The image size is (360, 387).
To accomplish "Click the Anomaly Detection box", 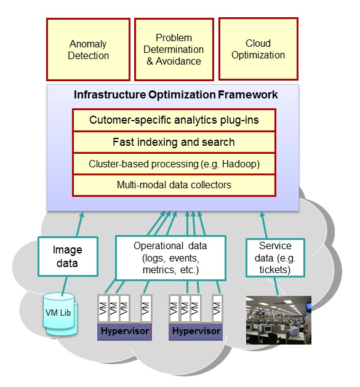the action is coord(88,49).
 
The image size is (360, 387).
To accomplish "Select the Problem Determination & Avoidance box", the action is coord(174,49).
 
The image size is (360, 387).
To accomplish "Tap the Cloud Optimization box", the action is coord(258,49).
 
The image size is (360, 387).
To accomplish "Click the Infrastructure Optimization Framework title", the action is coord(176,95).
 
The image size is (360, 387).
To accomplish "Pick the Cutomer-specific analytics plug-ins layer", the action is coord(174,120).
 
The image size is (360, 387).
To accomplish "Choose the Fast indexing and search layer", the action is coord(174,142).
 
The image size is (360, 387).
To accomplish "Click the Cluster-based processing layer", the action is coord(174,164).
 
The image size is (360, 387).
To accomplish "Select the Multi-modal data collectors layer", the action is coord(174,185).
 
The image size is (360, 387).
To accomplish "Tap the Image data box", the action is coord(68,257).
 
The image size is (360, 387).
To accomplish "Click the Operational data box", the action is coord(170,258).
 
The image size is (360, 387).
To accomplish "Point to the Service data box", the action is coord(275,258).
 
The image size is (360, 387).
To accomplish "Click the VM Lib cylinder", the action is coord(60,314).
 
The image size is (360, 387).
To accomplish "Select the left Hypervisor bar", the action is coord(124,332).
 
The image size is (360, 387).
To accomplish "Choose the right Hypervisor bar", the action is coord(196,332).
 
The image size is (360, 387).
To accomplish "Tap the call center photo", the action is coord(279,320).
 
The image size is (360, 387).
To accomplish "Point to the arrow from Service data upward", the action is coord(264,225).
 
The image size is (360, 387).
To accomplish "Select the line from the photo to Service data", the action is coord(276,286).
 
